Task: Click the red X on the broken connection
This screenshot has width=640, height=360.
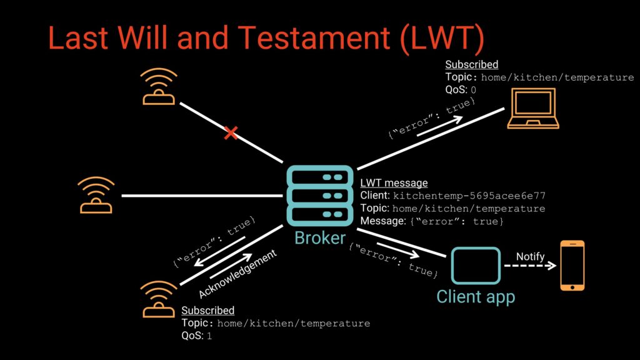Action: click(x=231, y=132)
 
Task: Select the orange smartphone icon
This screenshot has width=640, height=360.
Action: click(x=572, y=265)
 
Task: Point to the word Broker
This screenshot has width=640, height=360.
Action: click(x=319, y=238)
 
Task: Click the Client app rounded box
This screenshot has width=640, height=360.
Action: click(x=476, y=265)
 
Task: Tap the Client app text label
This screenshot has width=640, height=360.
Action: click(x=475, y=296)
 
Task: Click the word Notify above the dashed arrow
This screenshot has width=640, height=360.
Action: click(x=530, y=257)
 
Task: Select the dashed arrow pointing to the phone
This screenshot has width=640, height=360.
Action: click(x=530, y=266)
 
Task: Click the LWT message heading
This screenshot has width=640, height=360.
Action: click(x=394, y=183)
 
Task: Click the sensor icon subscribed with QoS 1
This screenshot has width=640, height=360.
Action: click(x=159, y=299)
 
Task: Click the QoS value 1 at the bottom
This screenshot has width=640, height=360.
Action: click(x=209, y=336)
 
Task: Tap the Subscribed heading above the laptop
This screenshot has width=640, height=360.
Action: click(x=471, y=64)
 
